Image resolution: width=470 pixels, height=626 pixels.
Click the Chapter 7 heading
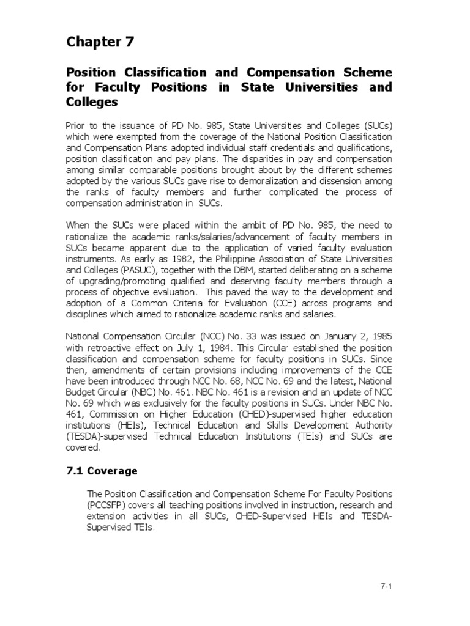(100, 42)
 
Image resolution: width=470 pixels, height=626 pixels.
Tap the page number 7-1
(386, 587)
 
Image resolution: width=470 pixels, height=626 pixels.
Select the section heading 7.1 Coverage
(102, 471)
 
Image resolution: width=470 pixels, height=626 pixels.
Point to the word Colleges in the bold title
(92, 102)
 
